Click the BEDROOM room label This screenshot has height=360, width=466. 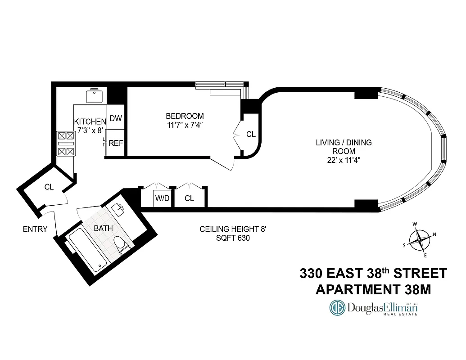click(x=185, y=116)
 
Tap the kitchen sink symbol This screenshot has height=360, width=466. click(x=95, y=96)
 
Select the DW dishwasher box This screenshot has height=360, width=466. click(x=116, y=119)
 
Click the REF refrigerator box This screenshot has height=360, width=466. click(x=116, y=144)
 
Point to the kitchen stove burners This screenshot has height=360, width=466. click(x=65, y=143)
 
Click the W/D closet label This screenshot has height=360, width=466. click(x=163, y=198)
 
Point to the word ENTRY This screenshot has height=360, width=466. click(x=35, y=229)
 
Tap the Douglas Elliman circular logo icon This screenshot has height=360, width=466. click(x=337, y=308)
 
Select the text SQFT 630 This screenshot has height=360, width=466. click(x=233, y=238)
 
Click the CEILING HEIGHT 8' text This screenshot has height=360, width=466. click(x=233, y=229)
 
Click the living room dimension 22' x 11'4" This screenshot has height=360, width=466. click(x=344, y=160)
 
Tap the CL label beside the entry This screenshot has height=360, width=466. click(x=49, y=187)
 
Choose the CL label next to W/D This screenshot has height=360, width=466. click(x=190, y=198)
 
